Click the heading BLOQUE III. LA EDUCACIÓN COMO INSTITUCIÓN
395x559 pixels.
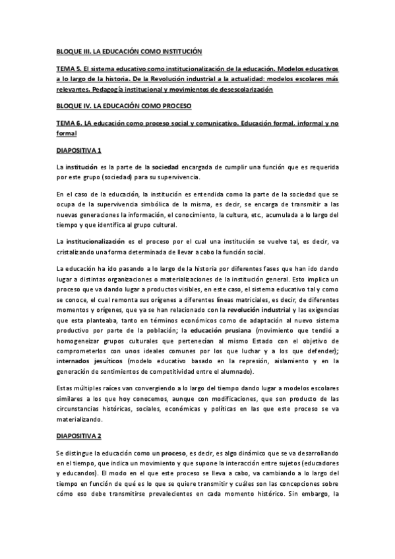[128, 51]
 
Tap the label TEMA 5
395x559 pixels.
[68, 69]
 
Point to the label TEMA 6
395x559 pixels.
[68, 123]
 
